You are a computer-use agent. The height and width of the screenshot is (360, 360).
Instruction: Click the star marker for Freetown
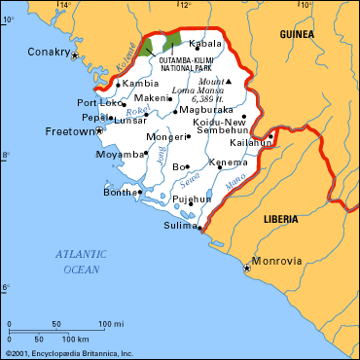[99, 129]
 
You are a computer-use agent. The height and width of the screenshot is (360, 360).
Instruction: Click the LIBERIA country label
[286, 220]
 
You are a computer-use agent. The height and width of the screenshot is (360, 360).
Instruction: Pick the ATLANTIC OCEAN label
[81, 261]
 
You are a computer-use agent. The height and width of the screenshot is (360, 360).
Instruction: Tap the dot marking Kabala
[190, 45]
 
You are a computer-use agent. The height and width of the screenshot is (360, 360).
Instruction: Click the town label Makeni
[151, 98]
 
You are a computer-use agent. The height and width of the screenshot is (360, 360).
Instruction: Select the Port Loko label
[97, 103]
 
